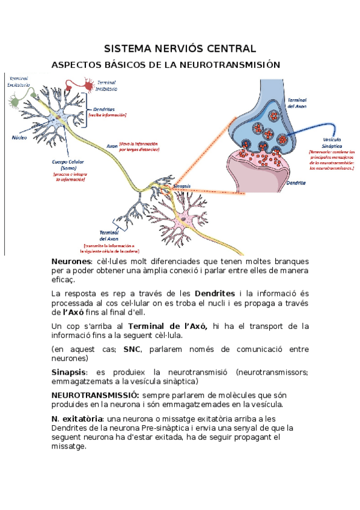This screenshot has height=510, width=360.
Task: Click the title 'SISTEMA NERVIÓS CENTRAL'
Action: coord(180,48)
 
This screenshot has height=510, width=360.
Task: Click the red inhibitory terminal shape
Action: coord(89,87)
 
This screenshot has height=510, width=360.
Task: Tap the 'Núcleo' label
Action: coord(20,137)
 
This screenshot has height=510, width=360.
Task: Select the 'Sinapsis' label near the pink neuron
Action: coord(182,186)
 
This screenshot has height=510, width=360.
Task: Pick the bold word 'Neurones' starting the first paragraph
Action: coord(70,262)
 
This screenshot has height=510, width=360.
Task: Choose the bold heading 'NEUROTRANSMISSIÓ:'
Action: coord(95,395)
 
